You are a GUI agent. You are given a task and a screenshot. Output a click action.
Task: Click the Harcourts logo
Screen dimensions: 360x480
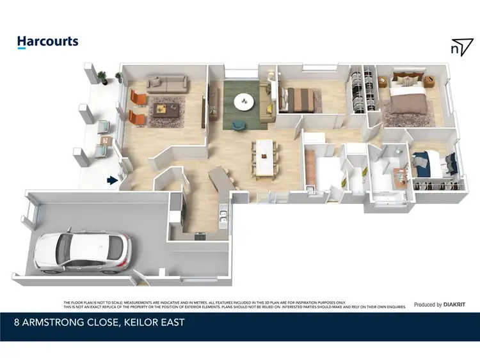click(x=47, y=42)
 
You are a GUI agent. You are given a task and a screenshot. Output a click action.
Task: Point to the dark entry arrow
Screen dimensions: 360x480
click(x=113, y=180)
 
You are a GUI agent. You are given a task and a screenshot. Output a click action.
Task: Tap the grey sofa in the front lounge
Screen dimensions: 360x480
click(x=166, y=82)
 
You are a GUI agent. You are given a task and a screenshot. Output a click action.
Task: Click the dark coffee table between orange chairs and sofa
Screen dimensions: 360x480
click(x=166, y=109)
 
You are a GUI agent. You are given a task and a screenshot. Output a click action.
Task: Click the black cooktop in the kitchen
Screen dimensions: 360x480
click(x=199, y=235)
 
